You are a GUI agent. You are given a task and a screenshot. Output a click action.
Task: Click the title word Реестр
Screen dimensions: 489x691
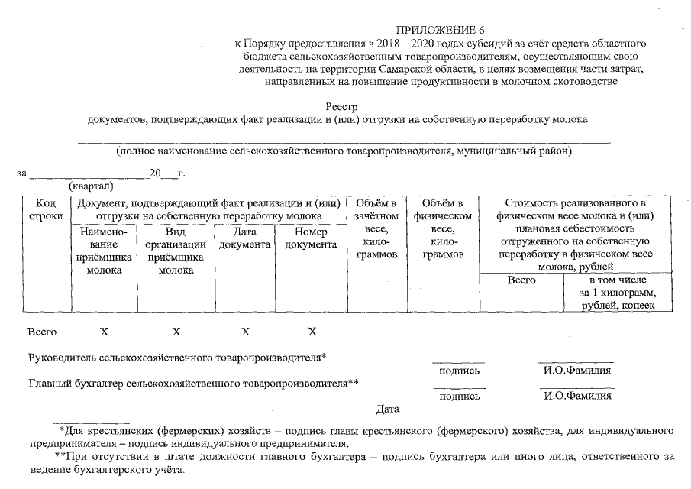(341, 107)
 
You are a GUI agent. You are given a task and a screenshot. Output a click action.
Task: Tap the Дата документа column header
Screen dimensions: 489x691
(244, 238)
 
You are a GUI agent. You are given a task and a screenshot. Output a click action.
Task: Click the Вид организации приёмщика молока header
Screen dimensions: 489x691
(176, 251)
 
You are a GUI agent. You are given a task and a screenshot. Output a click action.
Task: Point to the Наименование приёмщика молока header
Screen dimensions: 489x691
(104, 251)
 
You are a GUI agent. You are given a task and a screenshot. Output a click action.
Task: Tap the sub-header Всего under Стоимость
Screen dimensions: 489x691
(521, 280)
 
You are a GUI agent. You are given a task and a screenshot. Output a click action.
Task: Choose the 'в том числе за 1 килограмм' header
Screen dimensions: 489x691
(618, 293)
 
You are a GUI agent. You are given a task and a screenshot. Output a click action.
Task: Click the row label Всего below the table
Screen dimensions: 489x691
(42, 332)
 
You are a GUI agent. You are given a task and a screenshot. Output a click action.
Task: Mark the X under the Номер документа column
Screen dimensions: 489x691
(312, 332)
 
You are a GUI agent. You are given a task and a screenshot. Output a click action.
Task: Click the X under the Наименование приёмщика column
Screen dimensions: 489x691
(104, 332)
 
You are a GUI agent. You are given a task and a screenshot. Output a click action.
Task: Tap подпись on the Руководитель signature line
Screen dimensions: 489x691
(460, 371)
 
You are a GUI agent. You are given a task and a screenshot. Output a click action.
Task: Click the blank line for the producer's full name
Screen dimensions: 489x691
(344, 141)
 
